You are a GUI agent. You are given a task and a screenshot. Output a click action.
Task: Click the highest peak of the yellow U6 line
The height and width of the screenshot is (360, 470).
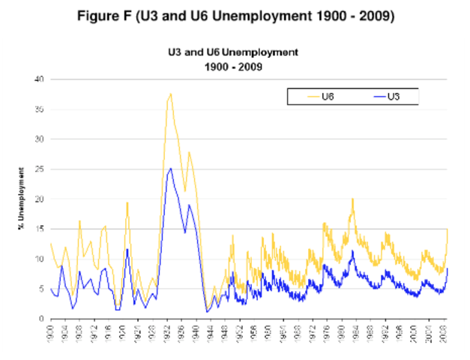pos(171,94)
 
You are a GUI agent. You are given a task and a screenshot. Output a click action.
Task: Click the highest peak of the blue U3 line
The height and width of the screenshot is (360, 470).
pos(171,169)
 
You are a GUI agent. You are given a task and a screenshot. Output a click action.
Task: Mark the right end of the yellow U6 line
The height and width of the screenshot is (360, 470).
pos(448,229)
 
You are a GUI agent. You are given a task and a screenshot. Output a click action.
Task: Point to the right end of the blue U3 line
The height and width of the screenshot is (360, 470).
pos(448,268)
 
